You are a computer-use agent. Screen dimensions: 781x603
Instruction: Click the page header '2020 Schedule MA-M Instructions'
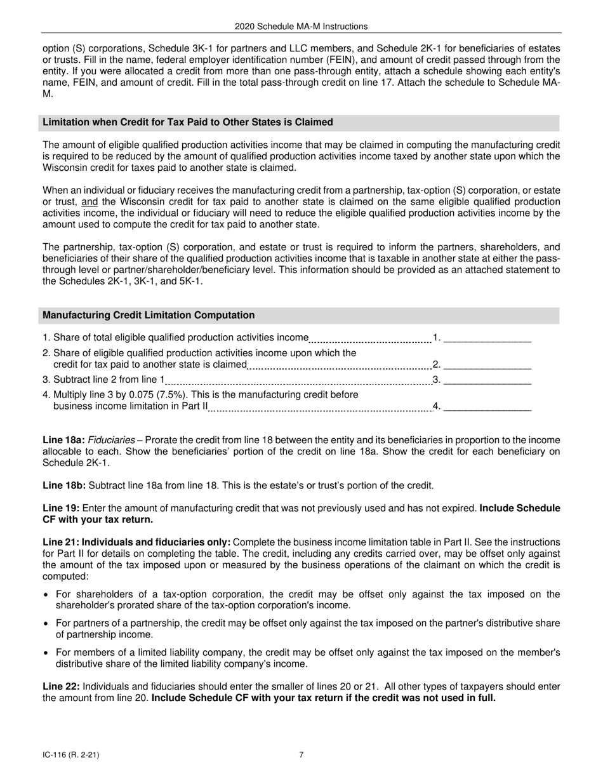pyautogui.click(x=301, y=27)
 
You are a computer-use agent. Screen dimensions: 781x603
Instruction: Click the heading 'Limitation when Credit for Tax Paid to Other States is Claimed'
pyautogui.click(x=188, y=122)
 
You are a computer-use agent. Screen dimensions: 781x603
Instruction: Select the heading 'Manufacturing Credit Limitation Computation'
pyautogui.click(x=149, y=315)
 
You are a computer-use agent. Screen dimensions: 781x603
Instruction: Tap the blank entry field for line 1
pyautogui.click(x=487, y=338)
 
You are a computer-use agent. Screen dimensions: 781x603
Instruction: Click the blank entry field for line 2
pyautogui.click(x=487, y=364)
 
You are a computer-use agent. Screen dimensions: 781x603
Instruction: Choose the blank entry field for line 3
pyautogui.click(x=487, y=380)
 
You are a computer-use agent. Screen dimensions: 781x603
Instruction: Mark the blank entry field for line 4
pyautogui.click(x=487, y=407)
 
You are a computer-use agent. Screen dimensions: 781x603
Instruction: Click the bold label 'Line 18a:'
pyautogui.click(x=63, y=440)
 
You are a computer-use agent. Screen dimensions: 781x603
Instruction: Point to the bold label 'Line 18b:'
pyautogui.click(x=63, y=486)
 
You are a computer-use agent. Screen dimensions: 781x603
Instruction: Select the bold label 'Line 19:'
pyautogui.click(x=61, y=509)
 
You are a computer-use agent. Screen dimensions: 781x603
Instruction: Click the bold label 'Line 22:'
pyautogui.click(x=61, y=686)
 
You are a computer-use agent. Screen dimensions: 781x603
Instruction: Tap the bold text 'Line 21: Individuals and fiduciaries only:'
pyautogui.click(x=136, y=542)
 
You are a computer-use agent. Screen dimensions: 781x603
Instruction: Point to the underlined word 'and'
pyautogui.click(x=89, y=202)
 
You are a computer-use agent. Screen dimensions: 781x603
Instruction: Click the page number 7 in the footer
pyautogui.click(x=301, y=755)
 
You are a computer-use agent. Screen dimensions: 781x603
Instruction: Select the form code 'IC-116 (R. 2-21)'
pyautogui.click(x=70, y=755)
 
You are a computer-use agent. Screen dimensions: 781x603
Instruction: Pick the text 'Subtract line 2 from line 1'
pyautogui.click(x=109, y=380)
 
